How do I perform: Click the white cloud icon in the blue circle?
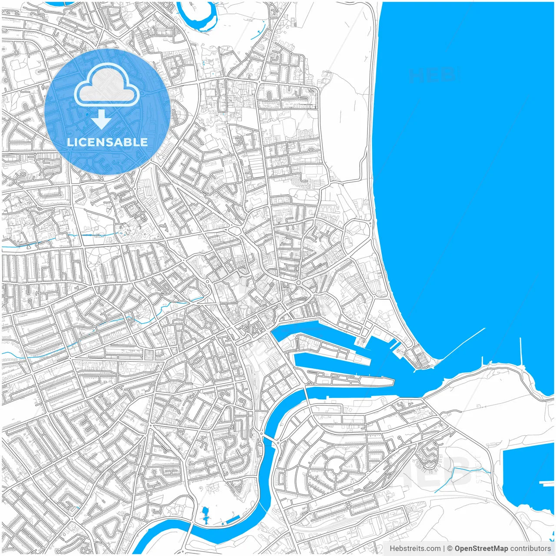coord(106,85)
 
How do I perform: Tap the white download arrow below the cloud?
coord(102,119)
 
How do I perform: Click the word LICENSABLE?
coord(107,142)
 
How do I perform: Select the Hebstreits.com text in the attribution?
coord(414,549)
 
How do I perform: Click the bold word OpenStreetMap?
coord(481,549)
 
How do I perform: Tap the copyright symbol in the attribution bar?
coord(450,549)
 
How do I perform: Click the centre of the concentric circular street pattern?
coord(335,468)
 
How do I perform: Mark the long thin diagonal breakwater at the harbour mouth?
coord(463,344)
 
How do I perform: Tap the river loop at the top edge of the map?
coord(200,20)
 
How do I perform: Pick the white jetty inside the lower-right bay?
coord(546,482)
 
